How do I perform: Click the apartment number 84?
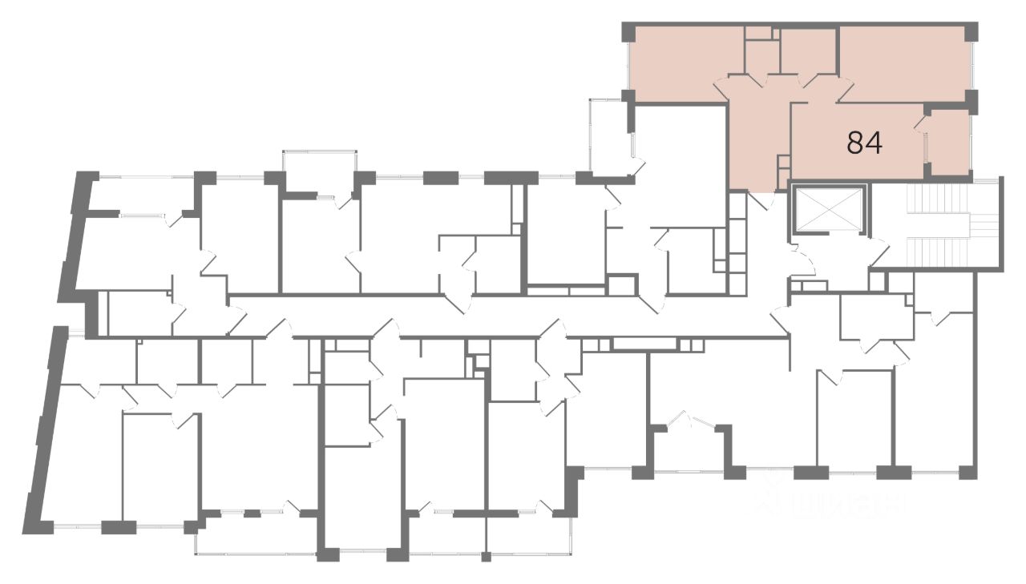click(x=865, y=143)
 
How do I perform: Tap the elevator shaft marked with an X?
click(x=829, y=211)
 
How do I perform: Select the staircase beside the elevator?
click(x=943, y=224)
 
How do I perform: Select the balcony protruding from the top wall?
click(x=319, y=170)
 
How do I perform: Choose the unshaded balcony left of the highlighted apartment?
click(x=609, y=136)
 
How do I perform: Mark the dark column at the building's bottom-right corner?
click(x=968, y=472)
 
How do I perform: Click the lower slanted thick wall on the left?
click(x=44, y=425)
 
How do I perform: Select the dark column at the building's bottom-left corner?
click(x=42, y=527)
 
